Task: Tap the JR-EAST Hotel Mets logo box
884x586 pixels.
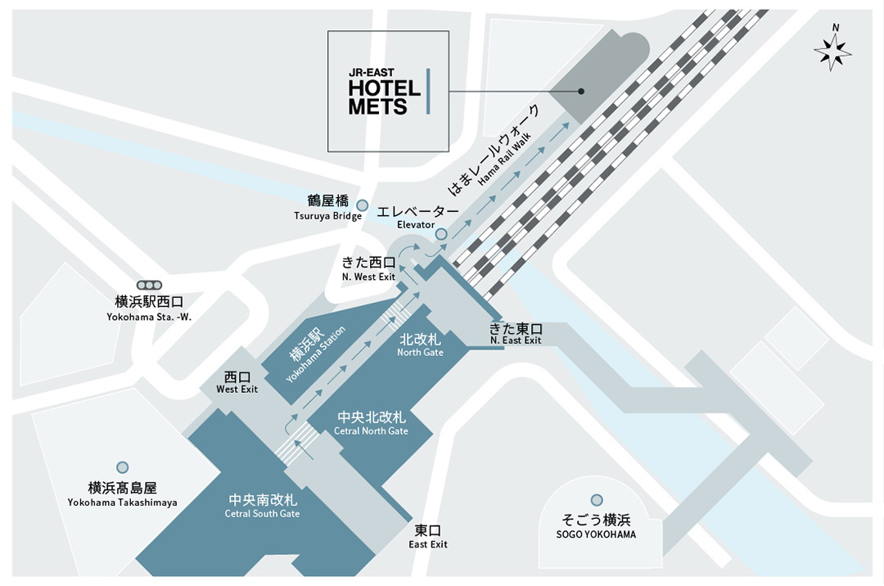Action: pyautogui.click(x=389, y=92)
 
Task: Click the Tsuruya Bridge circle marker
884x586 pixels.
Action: pyautogui.click(x=362, y=205)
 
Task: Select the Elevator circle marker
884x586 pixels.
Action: pyautogui.click(x=441, y=234)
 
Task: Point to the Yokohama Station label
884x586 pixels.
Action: pyautogui.click(x=316, y=354)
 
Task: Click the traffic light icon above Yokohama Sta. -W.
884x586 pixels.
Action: pyautogui.click(x=150, y=285)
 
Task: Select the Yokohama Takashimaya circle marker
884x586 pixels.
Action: pyautogui.click(x=122, y=467)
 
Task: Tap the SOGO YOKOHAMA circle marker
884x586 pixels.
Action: pyautogui.click(x=597, y=500)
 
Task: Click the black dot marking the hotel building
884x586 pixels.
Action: pyautogui.click(x=581, y=92)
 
